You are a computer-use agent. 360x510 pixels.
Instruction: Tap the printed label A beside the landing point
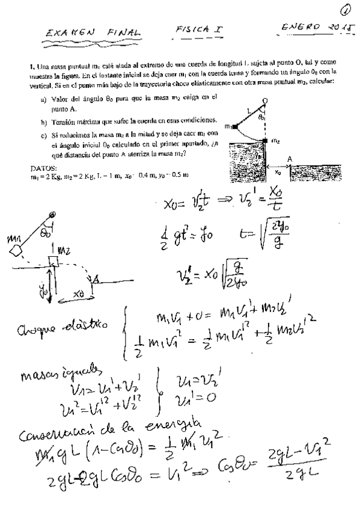pyautogui.click(x=290, y=159)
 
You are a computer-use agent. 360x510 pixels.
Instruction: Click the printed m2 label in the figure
pyautogui.click(x=276, y=142)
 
